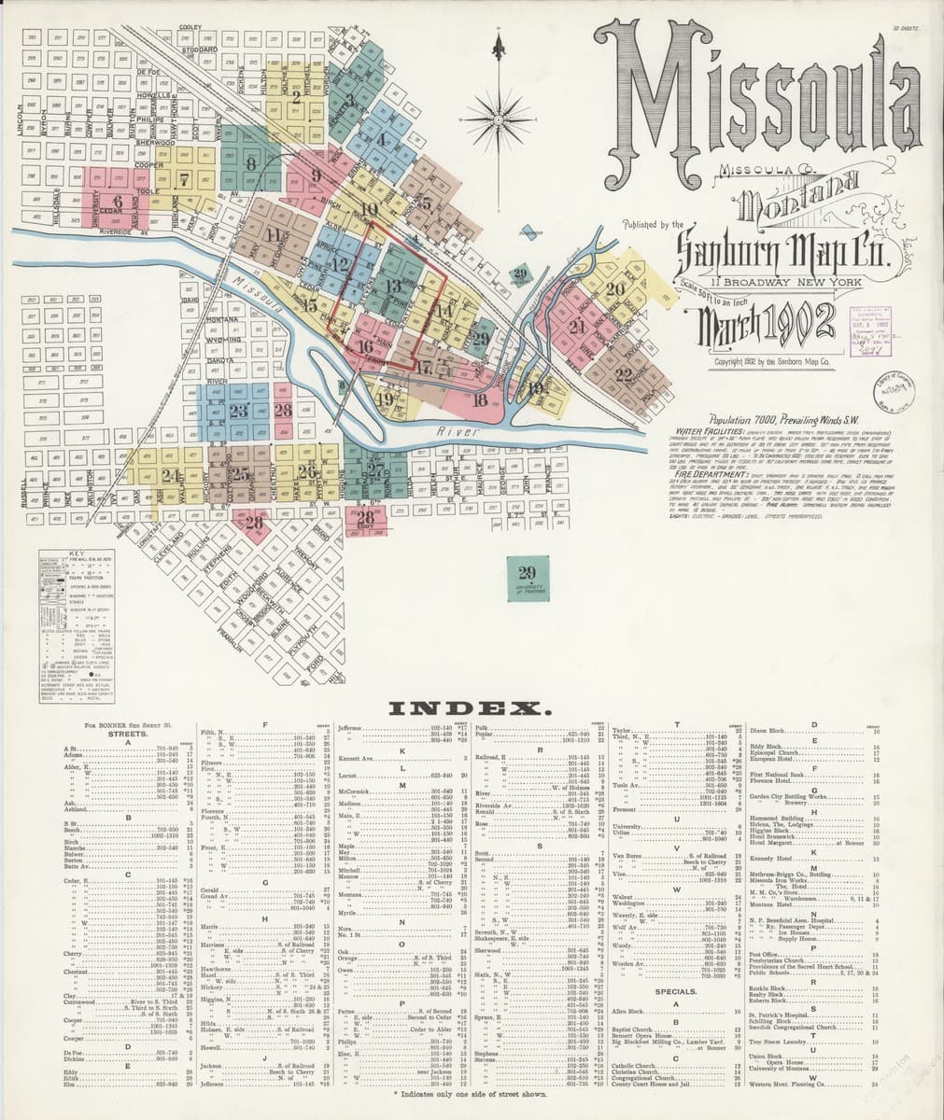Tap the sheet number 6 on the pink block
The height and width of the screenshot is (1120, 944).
tap(117, 201)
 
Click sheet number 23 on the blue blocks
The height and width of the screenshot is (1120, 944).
tap(237, 411)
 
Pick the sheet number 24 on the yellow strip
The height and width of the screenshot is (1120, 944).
tap(169, 475)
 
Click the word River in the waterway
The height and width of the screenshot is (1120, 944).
tap(458, 433)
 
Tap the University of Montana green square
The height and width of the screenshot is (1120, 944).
tap(527, 576)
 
